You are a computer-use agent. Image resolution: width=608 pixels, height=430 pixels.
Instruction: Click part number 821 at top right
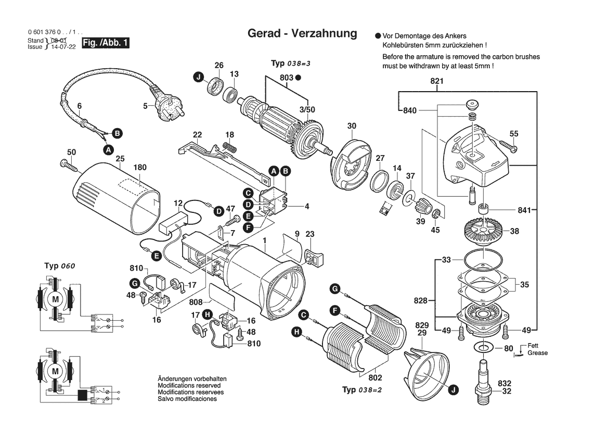click(436, 82)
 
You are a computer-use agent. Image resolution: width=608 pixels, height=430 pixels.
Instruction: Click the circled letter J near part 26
click(198, 78)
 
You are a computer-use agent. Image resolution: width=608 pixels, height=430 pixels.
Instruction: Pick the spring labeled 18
click(229, 147)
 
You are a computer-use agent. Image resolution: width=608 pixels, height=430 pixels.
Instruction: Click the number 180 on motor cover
click(140, 168)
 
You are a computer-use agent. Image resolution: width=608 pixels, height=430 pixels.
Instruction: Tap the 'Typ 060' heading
click(60, 265)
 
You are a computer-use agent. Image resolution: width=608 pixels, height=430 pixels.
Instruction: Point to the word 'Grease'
click(537, 353)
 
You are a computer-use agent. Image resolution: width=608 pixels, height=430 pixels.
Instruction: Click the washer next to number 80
click(484, 348)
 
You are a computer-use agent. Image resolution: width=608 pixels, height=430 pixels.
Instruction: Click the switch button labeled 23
click(313, 258)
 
